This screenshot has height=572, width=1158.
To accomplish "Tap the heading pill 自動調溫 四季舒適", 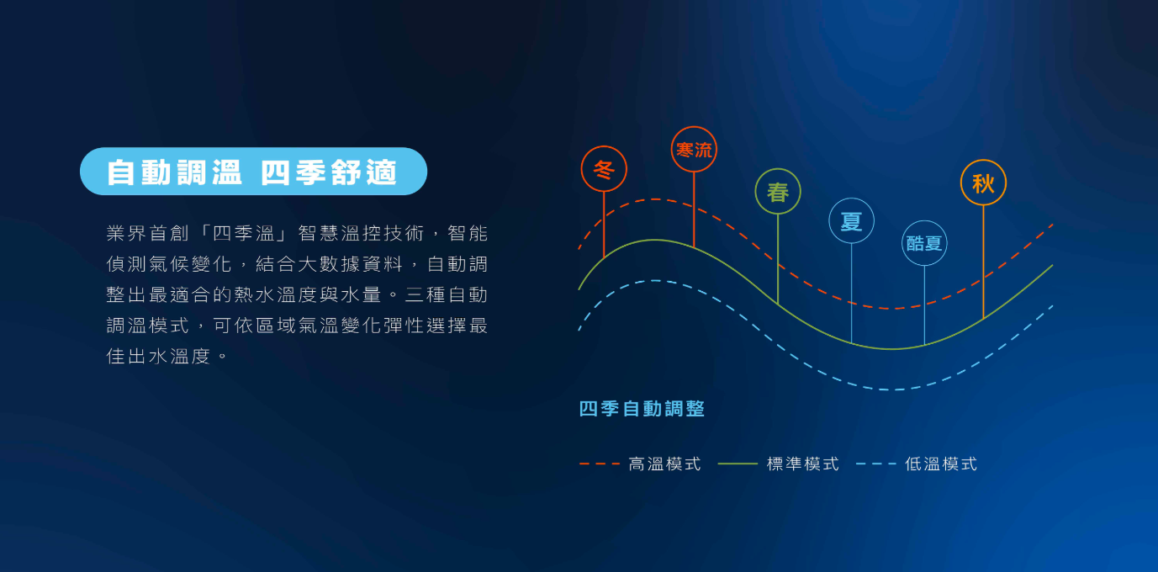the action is click(253, 172).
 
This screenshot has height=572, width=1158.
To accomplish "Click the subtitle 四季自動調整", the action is click(642, 409).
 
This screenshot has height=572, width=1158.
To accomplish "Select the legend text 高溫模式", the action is click(665, 464).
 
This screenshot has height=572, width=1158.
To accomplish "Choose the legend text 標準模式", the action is click(803, 464).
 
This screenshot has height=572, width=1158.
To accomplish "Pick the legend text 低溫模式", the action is click(941, 464).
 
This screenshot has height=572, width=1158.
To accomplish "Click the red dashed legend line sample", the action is click(600, 464).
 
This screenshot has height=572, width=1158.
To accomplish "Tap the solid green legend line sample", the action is click(738, 464).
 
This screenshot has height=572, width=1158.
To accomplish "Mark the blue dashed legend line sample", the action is click(876, 464).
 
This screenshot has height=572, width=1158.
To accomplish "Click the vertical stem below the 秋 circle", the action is click(983, 262).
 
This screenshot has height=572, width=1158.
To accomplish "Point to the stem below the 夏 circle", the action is click(851, 293).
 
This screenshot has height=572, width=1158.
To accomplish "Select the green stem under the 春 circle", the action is click(778, 258).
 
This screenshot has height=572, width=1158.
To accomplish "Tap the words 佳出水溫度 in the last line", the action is click(158, 357).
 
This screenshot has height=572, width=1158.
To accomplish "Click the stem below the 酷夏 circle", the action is click(924, 305).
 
